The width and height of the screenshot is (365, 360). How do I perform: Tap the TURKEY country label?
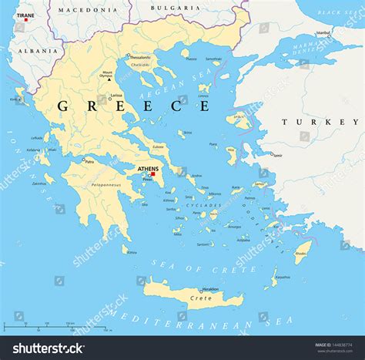(320, 122)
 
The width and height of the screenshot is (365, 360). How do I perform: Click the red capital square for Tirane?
(25, 20)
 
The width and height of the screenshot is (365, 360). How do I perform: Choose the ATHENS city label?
(147, 169)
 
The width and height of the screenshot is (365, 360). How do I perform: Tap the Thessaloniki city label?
(140, 57)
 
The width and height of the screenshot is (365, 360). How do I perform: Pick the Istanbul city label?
(323, 33)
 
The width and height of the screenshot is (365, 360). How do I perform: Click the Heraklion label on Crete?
(210, 289)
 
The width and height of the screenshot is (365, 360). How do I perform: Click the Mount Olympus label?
(107, 75)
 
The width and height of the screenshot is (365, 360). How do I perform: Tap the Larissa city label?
(116, 96)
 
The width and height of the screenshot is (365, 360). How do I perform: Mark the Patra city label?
(89, 162)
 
